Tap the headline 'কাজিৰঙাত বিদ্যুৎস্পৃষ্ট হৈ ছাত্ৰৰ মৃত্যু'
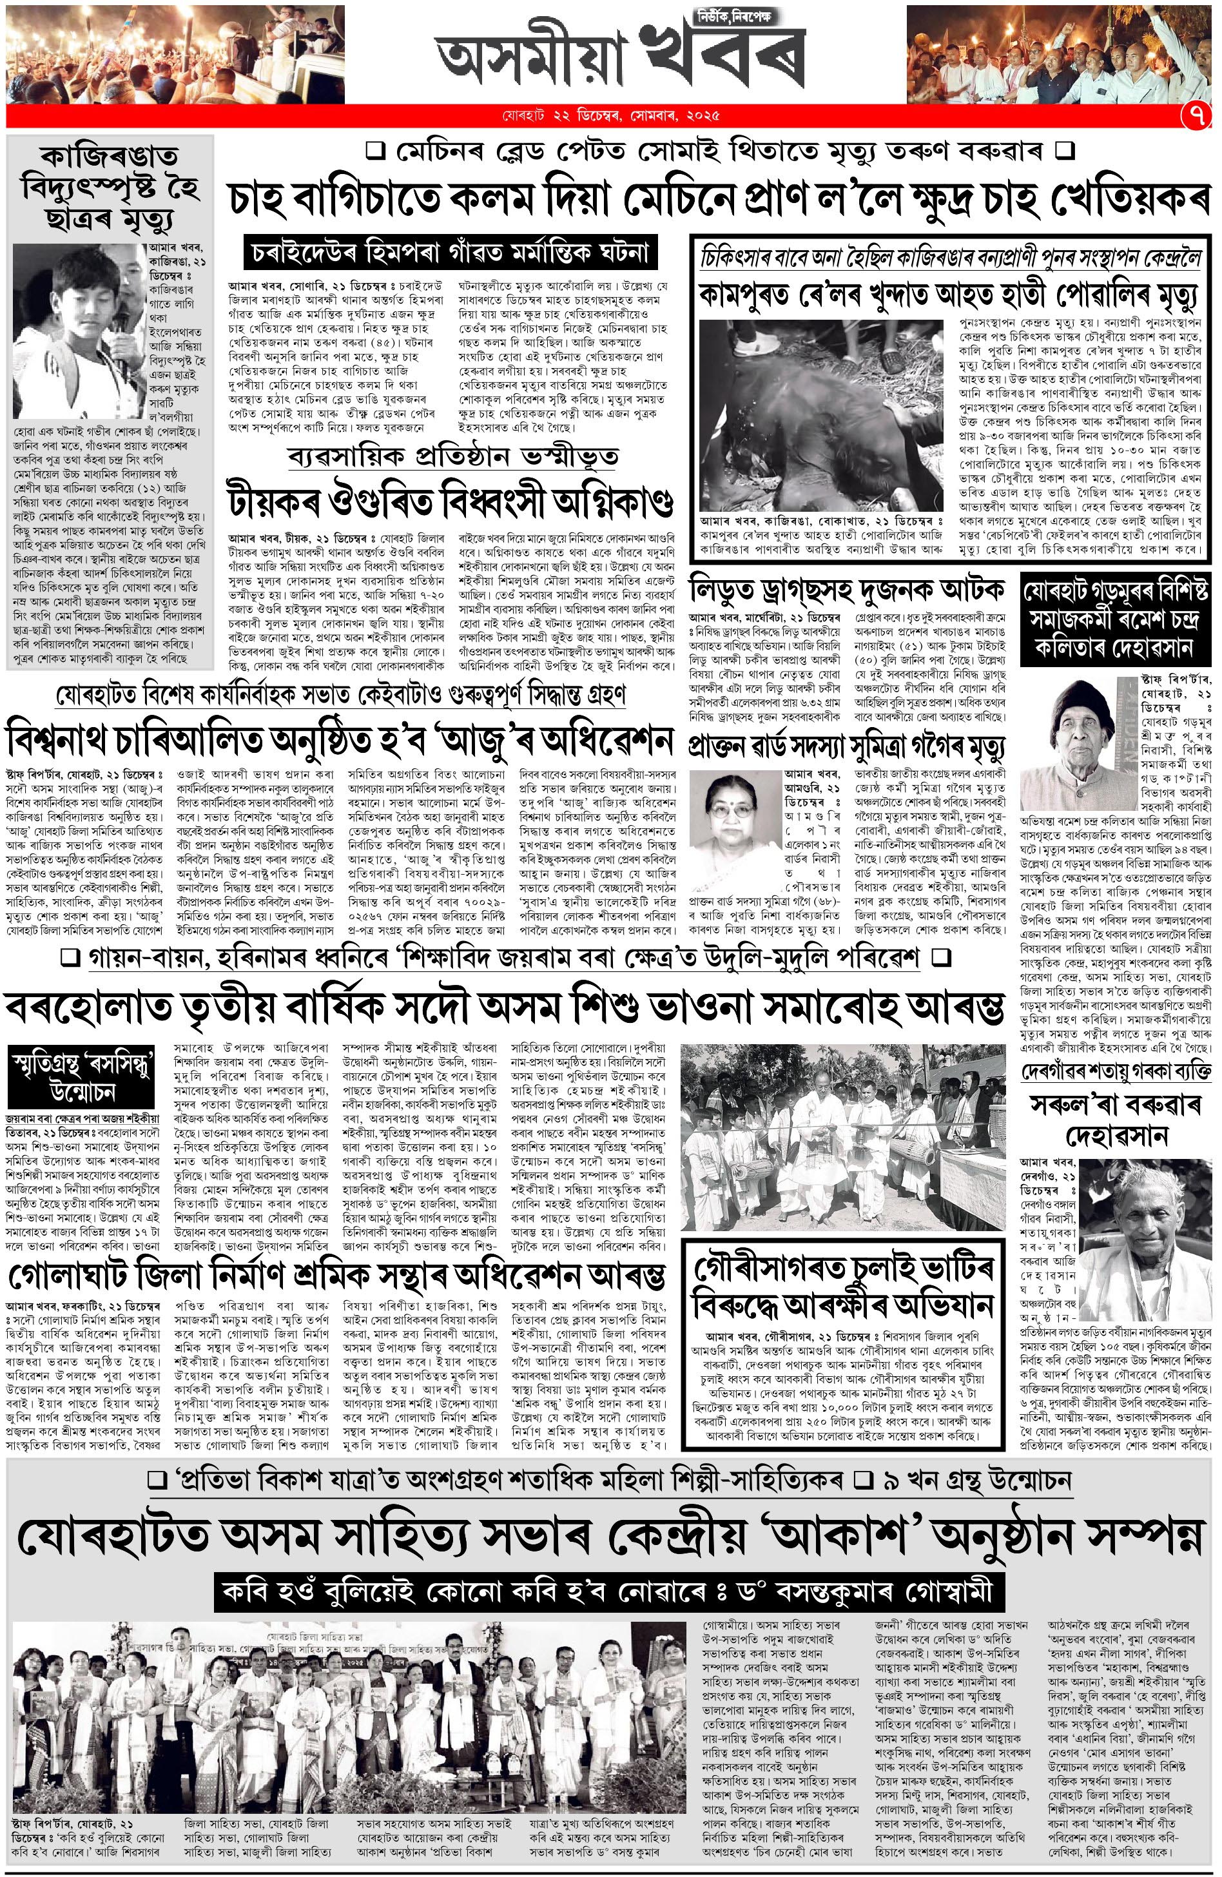point(110,187)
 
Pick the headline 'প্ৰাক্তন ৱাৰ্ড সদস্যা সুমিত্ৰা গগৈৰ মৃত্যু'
point(847,743)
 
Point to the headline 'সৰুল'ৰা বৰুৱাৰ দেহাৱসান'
point(1115,1119)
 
